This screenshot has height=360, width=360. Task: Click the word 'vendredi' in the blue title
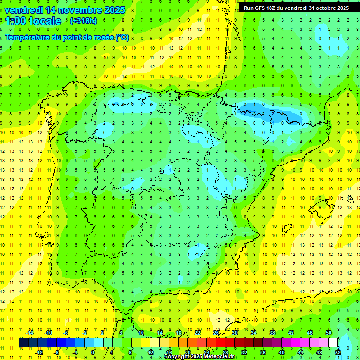click(x=24, y=10)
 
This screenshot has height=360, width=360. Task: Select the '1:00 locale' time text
click(x=33, y=21)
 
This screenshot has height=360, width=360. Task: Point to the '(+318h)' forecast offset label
click(x=83, y=21)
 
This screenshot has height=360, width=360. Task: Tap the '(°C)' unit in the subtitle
click(x=122, y=37)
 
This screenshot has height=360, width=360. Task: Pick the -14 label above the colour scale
click(x=30, y=333)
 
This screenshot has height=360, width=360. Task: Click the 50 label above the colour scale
click(x=328, y=333)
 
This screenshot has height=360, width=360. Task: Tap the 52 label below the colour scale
click(x=337, y=352)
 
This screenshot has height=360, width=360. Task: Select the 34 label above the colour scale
click(x=253, y=333)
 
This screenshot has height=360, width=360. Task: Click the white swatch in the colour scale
click(x=333, y=343)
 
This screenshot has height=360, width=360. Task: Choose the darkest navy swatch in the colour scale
click(x=23, y=343)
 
